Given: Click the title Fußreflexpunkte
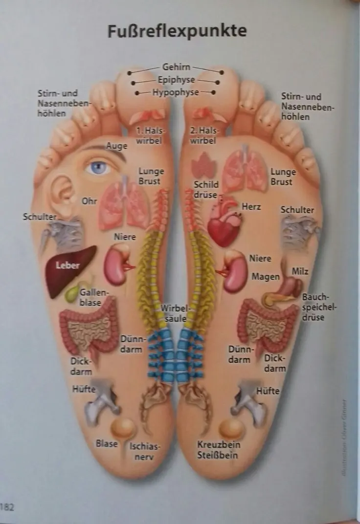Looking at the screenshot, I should pos(177,31).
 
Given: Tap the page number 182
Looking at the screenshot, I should pos(7,506).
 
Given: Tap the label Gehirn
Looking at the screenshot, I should pos(176,67).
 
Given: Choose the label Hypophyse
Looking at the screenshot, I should pos(176,91).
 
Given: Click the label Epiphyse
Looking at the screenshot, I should pos(176,79).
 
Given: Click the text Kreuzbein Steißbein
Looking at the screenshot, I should pos(218,450).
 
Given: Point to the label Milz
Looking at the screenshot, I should pos(300,271).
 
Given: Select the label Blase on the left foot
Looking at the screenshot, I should pos(107,443).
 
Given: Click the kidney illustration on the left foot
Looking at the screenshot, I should pos(116,264).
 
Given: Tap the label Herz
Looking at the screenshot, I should pos(251,207).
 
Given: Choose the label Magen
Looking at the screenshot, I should pos(266,277).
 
